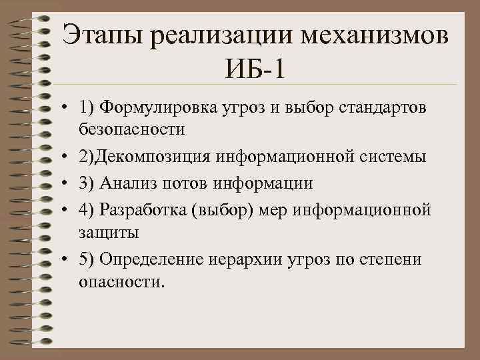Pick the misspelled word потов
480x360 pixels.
pyautogui.click(x=181, y=183)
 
